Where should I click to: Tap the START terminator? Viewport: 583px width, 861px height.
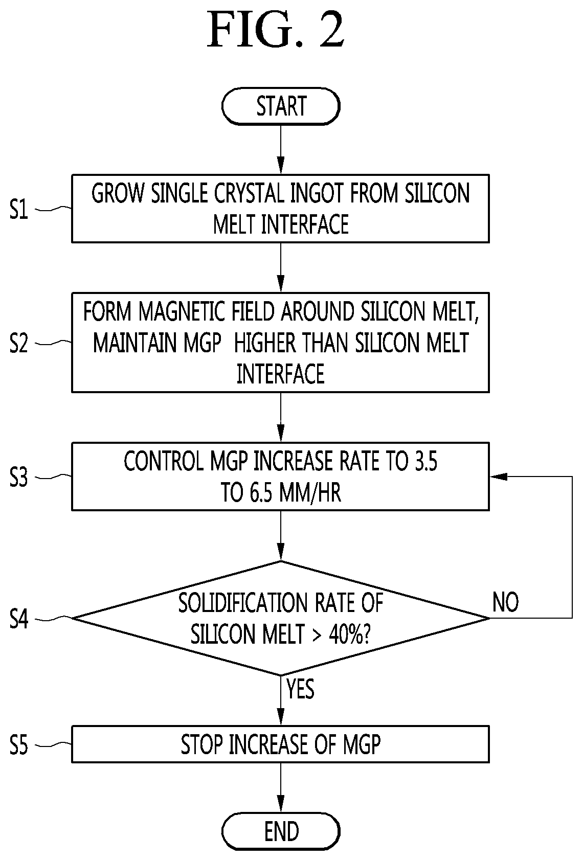pos(281,106)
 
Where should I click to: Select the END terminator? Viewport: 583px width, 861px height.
pos(281,831)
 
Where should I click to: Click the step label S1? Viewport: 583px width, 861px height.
pos(19,209)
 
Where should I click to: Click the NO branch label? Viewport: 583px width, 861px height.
pos(505,602)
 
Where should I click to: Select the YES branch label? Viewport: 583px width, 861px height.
pos(300,689)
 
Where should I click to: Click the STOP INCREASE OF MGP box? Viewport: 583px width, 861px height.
pos(280,744)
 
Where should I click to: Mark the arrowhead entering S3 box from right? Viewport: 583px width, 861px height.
pos(497,477)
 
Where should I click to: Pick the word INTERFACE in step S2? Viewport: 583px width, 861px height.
pos(280,374)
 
